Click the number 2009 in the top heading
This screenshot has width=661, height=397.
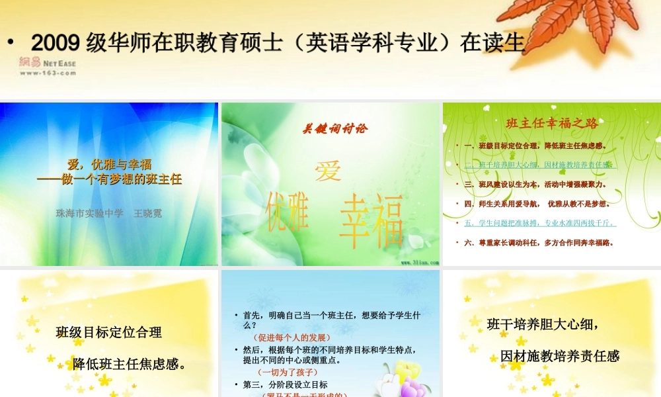pyautogui.click(x=56, y=44)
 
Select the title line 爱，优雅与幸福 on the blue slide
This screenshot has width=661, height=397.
pyautogui.click(x=110, y=165)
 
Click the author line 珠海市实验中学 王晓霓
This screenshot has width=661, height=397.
pyautogui.click(x=109, y=213)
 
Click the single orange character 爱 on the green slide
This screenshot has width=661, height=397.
pyautogui.click(x=329, y=171)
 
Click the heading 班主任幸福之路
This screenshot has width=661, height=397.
pyautogui.click(x=552, y=123)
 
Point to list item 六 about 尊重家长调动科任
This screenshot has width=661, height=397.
pyautogui.click(x=539, y=243)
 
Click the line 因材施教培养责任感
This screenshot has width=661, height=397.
pyautogui.click(x=559, y=356)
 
